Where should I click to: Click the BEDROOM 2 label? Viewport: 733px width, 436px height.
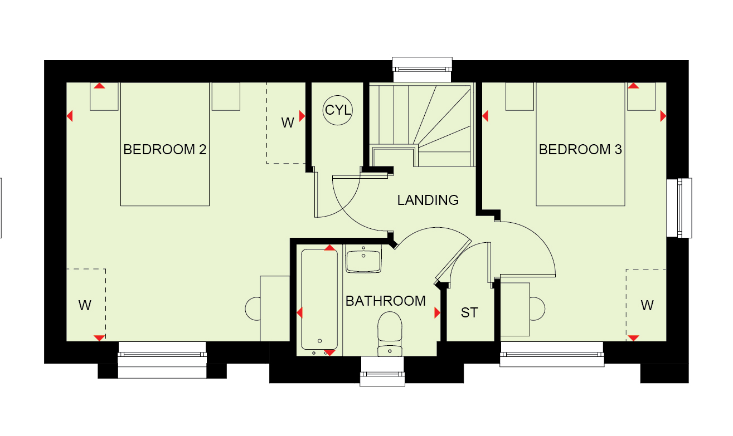164,150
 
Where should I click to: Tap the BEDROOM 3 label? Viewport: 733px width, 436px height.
580,150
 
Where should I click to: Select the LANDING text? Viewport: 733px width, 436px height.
428,200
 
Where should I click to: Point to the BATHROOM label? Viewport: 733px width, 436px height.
386,301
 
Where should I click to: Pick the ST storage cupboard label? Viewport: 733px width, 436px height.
469,313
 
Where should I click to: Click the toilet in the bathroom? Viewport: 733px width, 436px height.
390,334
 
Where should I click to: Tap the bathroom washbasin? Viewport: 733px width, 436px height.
363,259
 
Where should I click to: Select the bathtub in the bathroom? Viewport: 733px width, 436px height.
319,300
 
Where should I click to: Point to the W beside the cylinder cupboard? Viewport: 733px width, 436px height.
287,123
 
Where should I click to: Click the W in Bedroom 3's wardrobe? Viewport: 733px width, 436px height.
647,306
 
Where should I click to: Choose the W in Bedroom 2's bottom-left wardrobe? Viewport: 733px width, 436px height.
85,306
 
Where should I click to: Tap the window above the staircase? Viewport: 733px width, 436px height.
422,69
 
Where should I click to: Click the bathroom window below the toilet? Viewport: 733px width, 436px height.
382,371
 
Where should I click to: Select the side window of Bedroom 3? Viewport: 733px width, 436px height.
679,208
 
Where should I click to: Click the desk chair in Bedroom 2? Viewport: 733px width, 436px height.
253,309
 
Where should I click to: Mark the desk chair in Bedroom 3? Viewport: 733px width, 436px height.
538,309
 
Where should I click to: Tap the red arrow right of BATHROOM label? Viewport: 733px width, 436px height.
437,313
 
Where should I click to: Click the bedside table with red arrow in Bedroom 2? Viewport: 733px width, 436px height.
104,96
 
